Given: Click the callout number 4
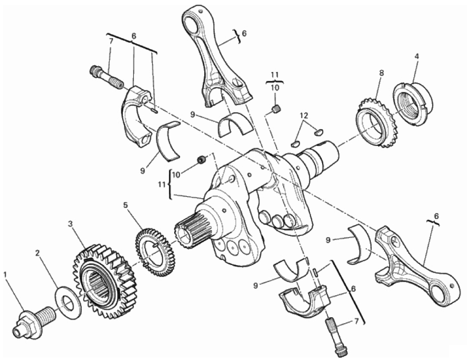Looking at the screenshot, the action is coord(417,56).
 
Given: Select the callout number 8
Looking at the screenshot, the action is coord(381,73).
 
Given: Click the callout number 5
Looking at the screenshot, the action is coord(126,205).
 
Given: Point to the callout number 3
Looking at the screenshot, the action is coord(71,224).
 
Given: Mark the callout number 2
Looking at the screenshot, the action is coord(38,253).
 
